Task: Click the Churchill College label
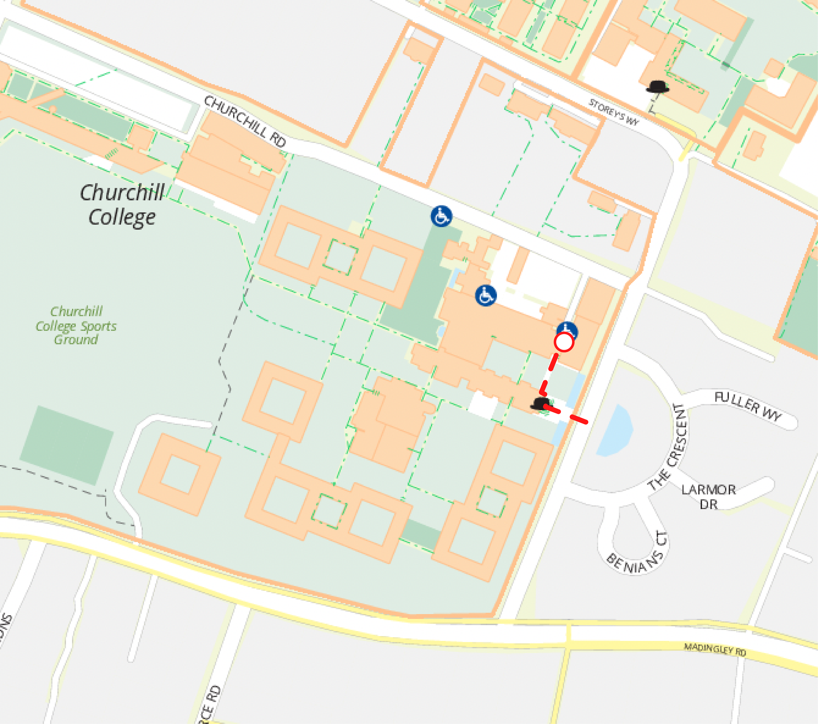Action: [122, 205]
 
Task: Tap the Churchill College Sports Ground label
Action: [76, 325]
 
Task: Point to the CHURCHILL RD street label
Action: [245, 121]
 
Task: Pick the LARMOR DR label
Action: [709, 497]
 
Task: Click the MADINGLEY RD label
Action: [715, 649]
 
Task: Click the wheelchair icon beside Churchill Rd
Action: [441, 216]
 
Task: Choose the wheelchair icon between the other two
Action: [486, 295]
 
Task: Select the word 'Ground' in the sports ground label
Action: [76, 339]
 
